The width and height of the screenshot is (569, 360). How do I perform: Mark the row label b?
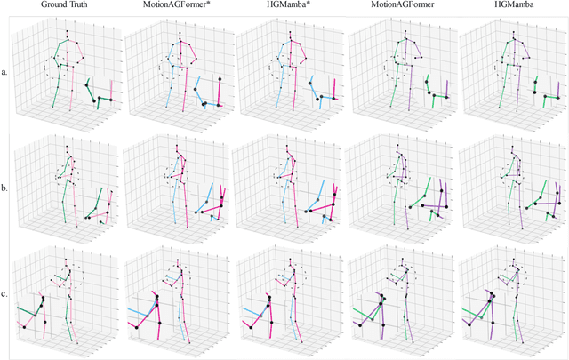click(5, 189)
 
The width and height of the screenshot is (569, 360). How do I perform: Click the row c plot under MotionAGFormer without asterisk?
click(400, 298)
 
